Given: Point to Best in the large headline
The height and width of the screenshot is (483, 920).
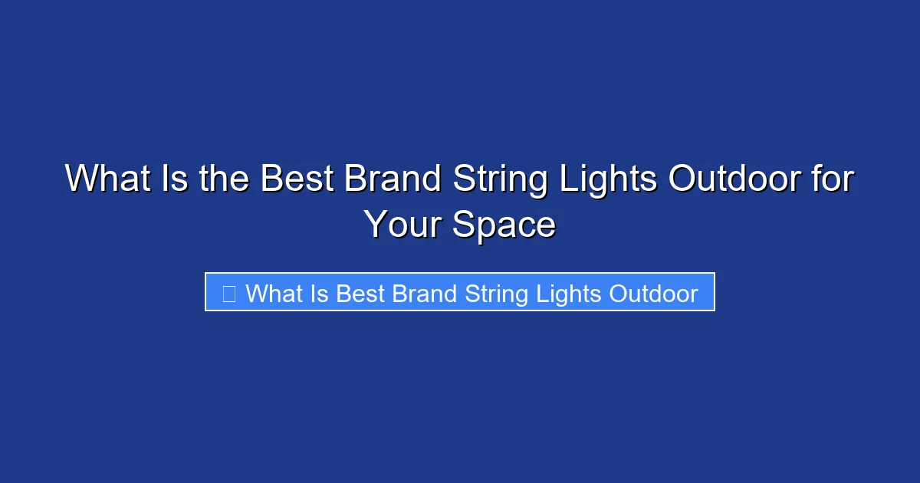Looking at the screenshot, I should pos(297,179).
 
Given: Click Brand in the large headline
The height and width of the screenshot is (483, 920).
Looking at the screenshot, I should pos(393,179).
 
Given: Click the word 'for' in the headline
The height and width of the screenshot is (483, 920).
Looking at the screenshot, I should pos(830,179).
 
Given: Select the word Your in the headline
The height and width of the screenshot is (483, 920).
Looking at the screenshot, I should pos(402,225).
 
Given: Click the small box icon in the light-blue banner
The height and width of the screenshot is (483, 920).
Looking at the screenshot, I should pos(228,294).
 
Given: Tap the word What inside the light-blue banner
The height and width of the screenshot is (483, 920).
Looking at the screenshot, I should pos(274,294).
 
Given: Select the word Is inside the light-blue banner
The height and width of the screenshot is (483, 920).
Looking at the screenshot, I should pos(320,294).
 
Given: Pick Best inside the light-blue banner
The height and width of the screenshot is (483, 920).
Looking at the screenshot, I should pos(361,294).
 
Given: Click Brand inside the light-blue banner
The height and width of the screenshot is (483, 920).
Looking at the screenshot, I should pos(424,294).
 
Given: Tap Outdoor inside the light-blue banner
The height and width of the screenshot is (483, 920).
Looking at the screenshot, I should pos(653,294).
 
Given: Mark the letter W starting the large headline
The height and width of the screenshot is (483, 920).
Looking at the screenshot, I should pos(80,179).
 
